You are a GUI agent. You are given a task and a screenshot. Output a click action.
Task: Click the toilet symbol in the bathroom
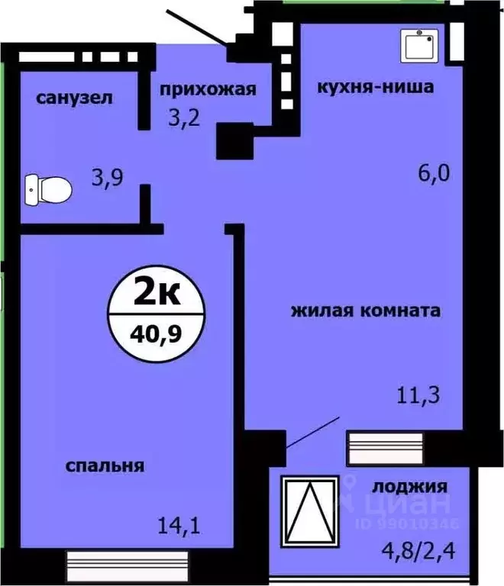tap(47, 187)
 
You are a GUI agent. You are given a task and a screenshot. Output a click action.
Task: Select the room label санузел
tap(75, 98)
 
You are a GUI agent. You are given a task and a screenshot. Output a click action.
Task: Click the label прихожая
tap(207, 89)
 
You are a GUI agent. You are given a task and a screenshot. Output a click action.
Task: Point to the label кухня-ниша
tap(376, 87)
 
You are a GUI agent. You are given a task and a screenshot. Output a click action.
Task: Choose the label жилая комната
tap(366, 311)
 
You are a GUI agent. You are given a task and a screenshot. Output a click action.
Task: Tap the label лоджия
tap(409, 486)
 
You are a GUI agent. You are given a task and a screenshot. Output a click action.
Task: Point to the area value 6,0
tap(434, 173)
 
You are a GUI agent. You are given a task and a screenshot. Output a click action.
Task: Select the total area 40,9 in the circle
tap(157, 333)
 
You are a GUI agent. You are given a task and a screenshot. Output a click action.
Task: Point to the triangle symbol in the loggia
tap(311, 511)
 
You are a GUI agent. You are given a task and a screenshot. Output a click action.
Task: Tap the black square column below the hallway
tap(232, 141)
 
